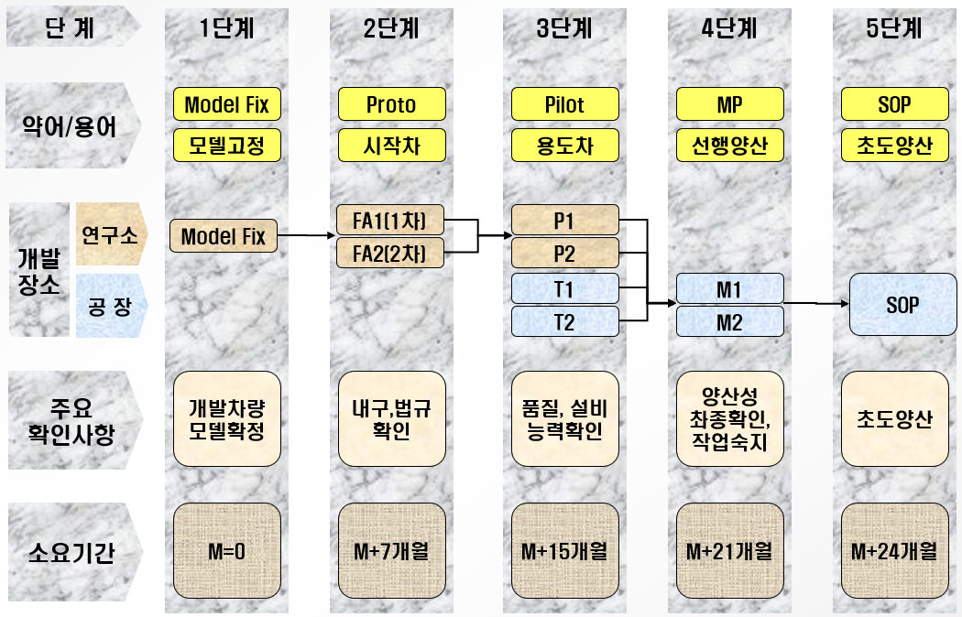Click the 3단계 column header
[x=564, y=28]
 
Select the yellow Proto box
[x=391, y=104]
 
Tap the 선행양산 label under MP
[x=729, y=144]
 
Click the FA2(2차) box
[x=391, y=251]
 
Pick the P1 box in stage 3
[x=564, y=220]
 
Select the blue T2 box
[x=564, y=321]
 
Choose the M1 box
[x=729, y=289]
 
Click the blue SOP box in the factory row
[x=902, y=304]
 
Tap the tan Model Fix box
[x=224, y=236]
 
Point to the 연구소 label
[x=109, y=236]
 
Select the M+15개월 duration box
[x=564, y=551]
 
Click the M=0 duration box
[x=226, y=551]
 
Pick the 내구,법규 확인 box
[x=391, y=418]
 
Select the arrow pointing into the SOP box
[x=815, y=303]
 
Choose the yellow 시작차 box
[x=391, y=144]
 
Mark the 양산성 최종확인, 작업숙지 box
[x=729, y=418]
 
